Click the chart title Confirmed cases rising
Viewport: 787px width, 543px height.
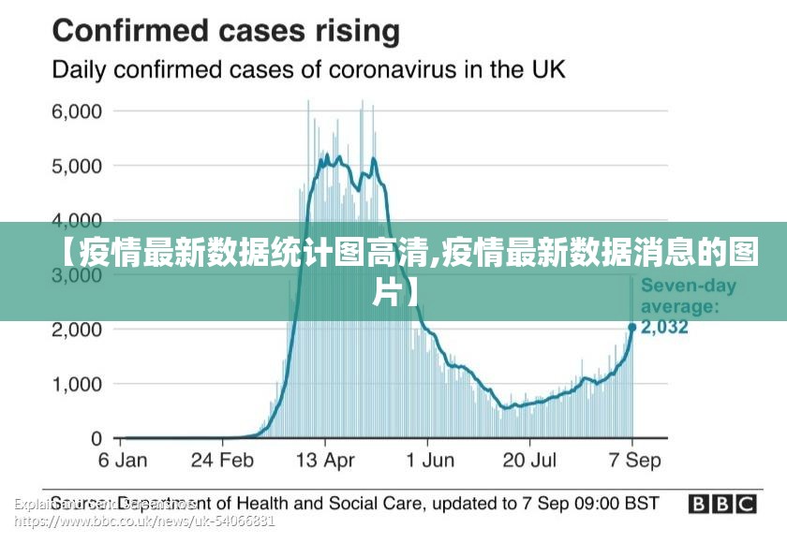pos(226,32)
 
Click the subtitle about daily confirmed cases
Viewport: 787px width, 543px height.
pos(308,70)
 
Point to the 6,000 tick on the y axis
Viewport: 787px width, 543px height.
pos(77,111)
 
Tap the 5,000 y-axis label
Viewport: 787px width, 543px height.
pos(77,167)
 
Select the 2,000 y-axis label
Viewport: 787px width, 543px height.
pos(77,330)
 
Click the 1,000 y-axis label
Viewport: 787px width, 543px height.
pos(77,384)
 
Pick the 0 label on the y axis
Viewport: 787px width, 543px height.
pos(97,438)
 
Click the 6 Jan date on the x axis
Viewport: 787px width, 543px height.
pos(124,461)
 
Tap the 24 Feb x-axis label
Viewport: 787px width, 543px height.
pos(222,461)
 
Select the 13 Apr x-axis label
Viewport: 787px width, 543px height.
pos(325,461)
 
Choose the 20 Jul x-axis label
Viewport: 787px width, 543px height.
pos(529,461)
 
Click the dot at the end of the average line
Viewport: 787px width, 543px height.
pos(632,328)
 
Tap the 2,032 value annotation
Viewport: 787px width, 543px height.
pos(665,328)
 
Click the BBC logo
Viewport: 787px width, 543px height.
pos(722,504)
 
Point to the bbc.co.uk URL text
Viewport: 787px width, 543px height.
pos(145,521)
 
